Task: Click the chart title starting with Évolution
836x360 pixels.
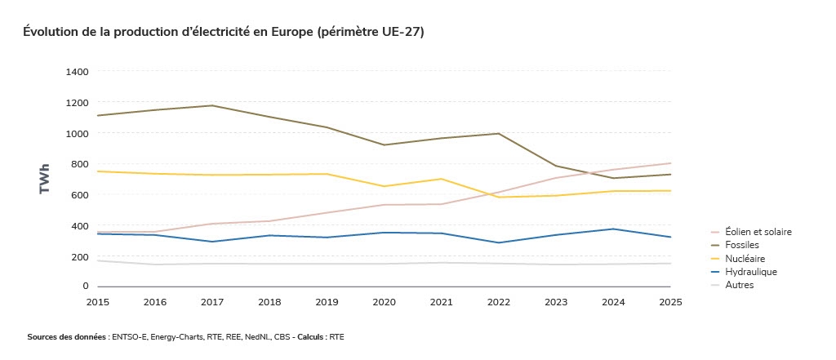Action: click(223, 32)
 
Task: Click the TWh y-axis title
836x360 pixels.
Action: click(45, 178)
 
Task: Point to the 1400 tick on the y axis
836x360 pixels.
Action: click(77, 72)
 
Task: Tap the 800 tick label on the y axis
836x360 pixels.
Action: click(79, 164)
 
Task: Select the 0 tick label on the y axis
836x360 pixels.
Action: click(85, 287)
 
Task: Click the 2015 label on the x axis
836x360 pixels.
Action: click(97, 302)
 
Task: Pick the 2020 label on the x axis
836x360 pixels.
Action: click(384, 302)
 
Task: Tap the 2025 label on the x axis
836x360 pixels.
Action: click(670, 302)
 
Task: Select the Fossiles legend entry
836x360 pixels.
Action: click(741, 245)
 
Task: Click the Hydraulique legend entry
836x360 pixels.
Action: click(750, 272)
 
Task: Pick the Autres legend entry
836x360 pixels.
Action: click(739, 285)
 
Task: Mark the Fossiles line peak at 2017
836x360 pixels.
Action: click(212, 105)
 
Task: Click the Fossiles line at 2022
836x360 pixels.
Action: click(499, 134)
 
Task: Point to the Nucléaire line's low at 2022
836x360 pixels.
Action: click(499, 197)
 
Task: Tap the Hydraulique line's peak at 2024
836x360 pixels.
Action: click(613, 229)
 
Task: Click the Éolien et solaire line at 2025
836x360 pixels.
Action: click(670, 163)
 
